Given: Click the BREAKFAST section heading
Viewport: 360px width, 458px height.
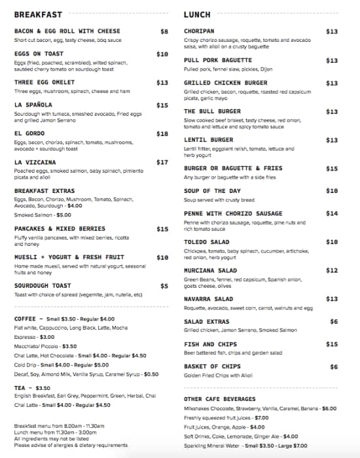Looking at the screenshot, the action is pos(38,14).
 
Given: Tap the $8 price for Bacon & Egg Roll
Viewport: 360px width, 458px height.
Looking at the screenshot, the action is pos(164,31).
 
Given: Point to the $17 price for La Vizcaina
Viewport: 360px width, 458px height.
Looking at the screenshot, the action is pos(162,162).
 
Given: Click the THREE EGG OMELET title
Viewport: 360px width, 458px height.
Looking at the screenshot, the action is pos(45,83).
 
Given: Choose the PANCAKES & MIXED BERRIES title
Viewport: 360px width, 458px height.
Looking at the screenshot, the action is pos(60,229).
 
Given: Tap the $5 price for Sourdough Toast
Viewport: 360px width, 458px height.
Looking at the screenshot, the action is pos(164,286).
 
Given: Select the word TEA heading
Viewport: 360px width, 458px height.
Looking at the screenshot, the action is pos(20,388).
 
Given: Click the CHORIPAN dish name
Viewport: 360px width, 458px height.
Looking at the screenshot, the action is pos(199,31).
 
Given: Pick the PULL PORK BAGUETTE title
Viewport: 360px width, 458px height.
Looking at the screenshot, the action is pos(219,60).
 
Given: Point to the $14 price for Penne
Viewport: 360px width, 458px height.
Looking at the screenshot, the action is pos(332,213).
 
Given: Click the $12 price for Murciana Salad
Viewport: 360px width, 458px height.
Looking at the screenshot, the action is pos(332,270).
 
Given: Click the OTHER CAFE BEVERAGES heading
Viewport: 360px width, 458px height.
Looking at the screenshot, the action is pos(220,399).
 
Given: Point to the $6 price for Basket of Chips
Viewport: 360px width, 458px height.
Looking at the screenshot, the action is pos(334,367).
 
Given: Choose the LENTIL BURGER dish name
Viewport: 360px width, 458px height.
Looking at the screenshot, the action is pos(208,140).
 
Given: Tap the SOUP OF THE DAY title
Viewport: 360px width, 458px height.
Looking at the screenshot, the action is pos(213,191).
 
